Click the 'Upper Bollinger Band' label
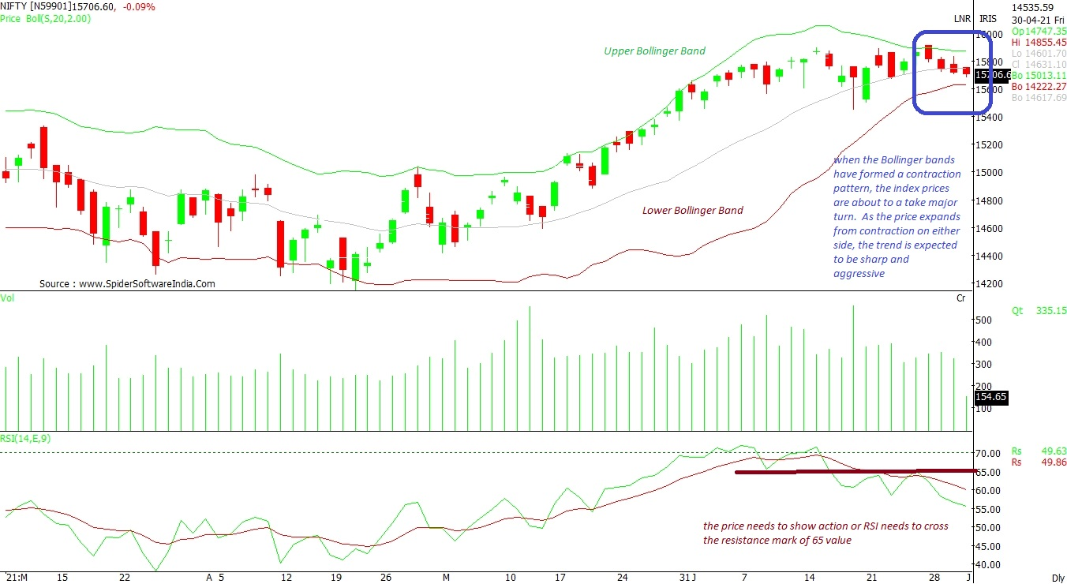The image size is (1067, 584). tap(654, 51)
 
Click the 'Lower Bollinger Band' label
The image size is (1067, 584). tap(692, 211)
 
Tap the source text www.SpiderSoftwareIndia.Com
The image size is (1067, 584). tap(127, 284)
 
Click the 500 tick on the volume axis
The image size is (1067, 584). tap(983, 320)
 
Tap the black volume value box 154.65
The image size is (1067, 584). tap(991, 397)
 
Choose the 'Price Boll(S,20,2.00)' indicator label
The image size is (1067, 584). tap(46, 18)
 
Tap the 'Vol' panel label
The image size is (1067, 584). tap(8, 298)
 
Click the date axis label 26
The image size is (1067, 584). tap(386, 578)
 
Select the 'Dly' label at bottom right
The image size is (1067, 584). tap(1058, 578)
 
